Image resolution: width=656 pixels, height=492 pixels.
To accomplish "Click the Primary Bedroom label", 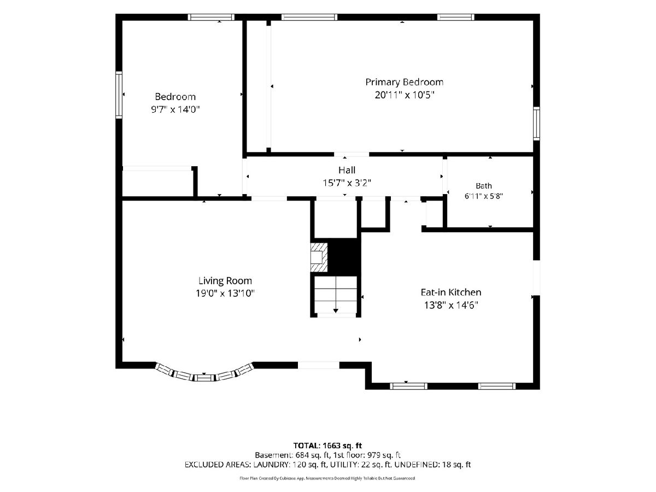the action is coord(404,82).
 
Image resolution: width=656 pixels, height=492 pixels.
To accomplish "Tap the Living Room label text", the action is coord(225,280).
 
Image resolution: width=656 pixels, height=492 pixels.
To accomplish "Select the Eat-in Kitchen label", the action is coord(450,292).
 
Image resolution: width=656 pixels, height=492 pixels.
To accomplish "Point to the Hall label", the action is coord(347,170).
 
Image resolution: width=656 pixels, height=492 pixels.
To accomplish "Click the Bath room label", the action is coord(484,186).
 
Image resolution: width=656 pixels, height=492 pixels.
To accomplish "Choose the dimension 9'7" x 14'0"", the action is coord(175,109).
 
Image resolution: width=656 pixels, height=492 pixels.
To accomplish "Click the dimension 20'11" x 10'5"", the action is coord(404,95).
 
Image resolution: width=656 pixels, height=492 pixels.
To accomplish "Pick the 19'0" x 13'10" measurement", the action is coord(225,294).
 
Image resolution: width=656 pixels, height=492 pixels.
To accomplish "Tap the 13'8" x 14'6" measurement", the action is coord(450,305).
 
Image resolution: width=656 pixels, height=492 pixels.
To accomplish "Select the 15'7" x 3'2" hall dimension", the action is coord(347,183).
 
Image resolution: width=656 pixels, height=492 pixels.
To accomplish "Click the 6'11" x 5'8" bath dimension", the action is coord(484,196).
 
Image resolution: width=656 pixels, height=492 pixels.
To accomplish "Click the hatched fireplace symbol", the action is coord(319,257).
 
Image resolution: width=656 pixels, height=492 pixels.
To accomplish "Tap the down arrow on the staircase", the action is coord(336,302).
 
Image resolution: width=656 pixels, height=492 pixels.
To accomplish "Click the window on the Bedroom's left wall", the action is coord(119,95).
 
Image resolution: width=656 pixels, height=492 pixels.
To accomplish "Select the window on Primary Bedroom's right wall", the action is coord(536,124).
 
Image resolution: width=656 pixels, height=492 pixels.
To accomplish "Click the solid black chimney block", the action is coord(344,257).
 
